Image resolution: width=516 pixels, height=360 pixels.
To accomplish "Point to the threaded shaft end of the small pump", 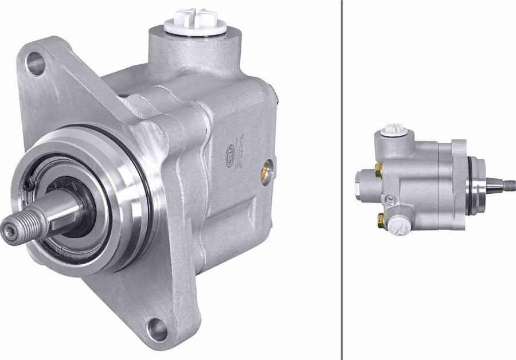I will point(508,185).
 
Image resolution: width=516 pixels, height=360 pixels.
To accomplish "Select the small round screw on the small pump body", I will point(391,199).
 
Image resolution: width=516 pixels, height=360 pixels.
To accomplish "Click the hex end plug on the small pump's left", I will point(358,186).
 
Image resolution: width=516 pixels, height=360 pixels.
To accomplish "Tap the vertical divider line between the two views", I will point(342,180).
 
